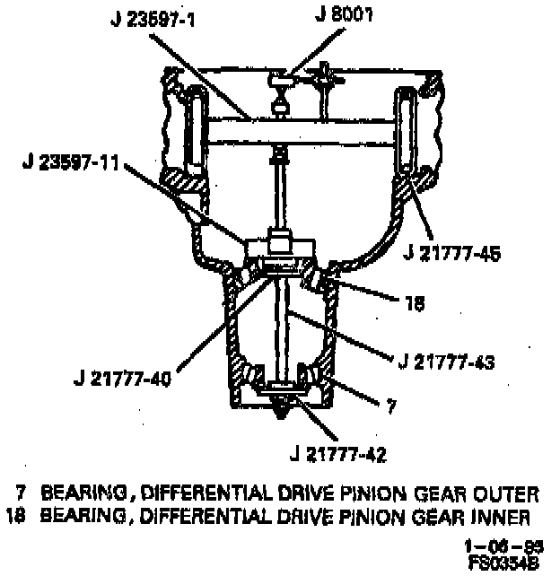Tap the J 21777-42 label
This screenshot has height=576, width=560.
(x=334, y=454)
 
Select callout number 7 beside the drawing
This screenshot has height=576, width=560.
(x=390, y=406)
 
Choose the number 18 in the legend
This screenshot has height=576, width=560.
(x=16, y=515)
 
